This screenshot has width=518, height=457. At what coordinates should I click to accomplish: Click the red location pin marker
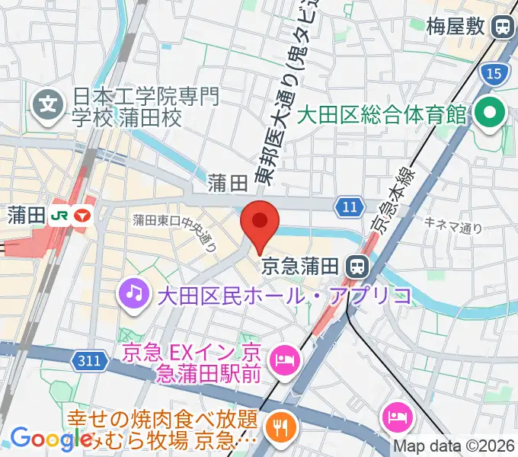pos(260,222)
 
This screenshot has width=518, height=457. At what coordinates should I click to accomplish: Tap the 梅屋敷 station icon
pos(502,28)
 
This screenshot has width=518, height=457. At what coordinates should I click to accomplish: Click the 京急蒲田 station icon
pos(356,266)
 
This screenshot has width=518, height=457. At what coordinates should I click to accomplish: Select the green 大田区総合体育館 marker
pos(488,115)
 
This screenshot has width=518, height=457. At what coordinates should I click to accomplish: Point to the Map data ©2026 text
pos(454,446)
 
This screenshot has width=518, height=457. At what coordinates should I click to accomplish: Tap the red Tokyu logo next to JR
pos(82,216)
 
